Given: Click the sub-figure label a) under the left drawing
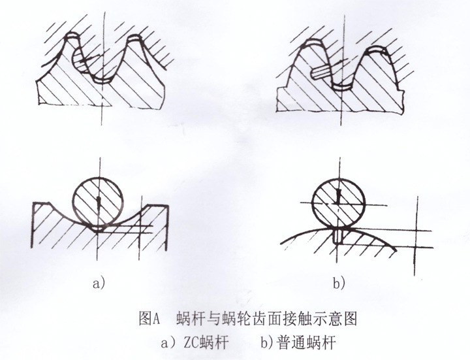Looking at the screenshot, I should coord(99,284).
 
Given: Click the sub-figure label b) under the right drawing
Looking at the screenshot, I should coord(339,283).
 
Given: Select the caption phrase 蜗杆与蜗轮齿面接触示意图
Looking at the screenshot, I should coord(268,319).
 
